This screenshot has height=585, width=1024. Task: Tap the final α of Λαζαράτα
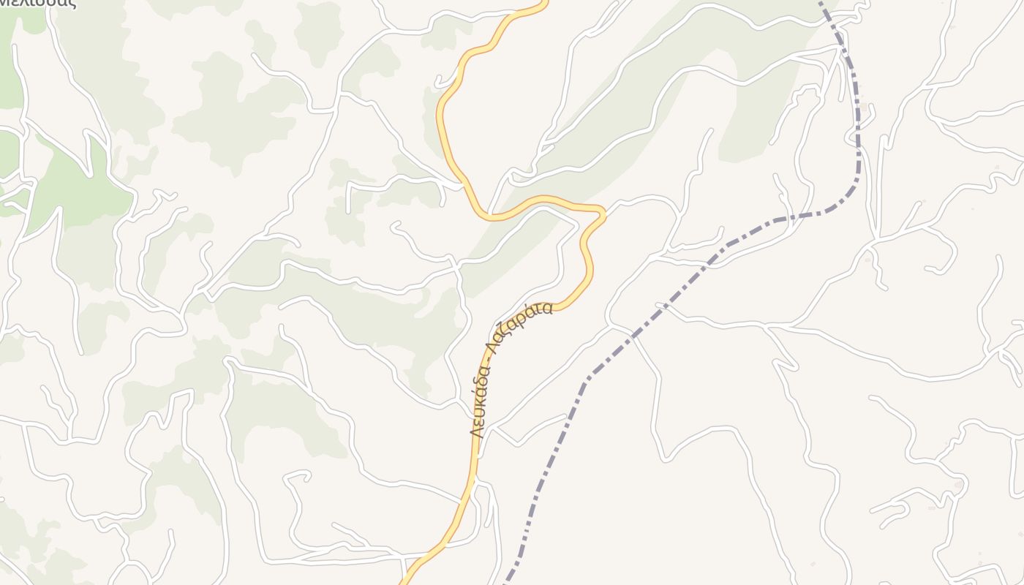(x=546, y=309)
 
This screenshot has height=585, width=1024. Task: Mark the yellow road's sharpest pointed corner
(x=603, y=212)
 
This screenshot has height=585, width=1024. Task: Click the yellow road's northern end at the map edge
(x=545, y=2)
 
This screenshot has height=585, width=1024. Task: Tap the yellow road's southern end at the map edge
(x=402, y=583)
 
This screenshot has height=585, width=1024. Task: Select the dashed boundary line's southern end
(x=505, y=583)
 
